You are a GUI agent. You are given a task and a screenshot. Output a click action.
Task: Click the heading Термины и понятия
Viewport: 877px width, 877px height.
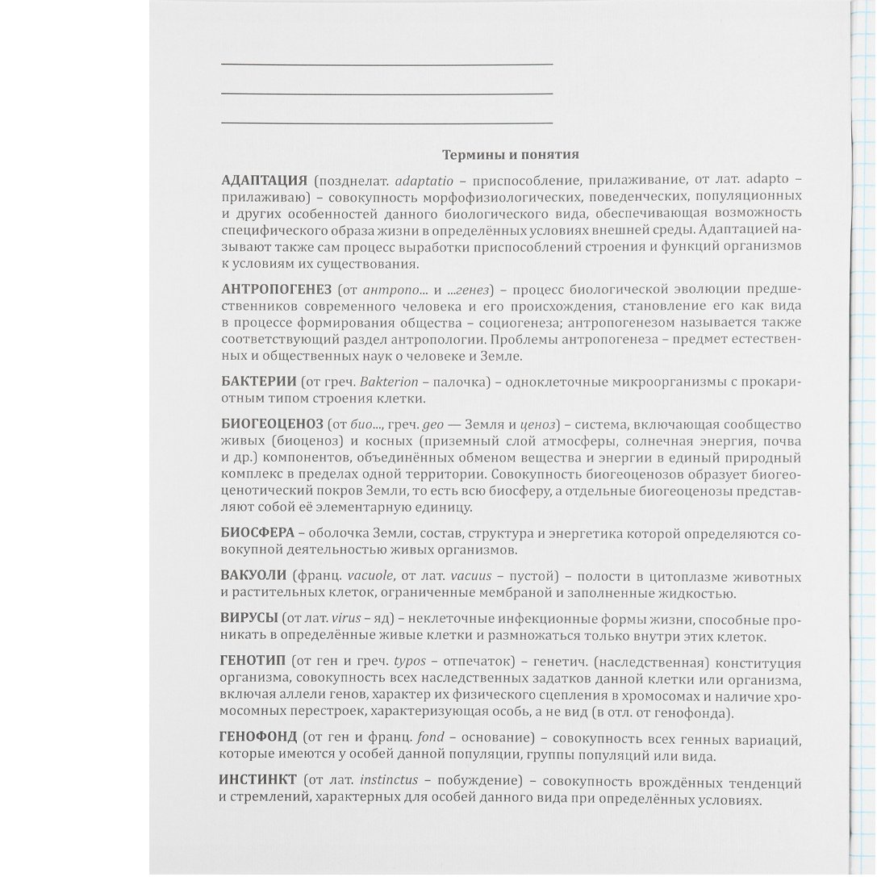(510, 154)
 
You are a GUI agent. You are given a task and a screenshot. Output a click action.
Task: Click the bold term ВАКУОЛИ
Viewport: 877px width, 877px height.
(253, 576)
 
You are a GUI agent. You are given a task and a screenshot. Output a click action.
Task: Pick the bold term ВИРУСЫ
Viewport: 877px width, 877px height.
(247, 619)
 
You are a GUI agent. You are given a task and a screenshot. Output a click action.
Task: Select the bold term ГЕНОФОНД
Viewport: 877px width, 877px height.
(258, 737)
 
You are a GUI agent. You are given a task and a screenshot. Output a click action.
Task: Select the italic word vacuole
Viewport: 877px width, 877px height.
(370, 576)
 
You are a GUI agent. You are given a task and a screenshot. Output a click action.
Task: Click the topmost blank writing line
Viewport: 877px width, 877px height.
(386, 63)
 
